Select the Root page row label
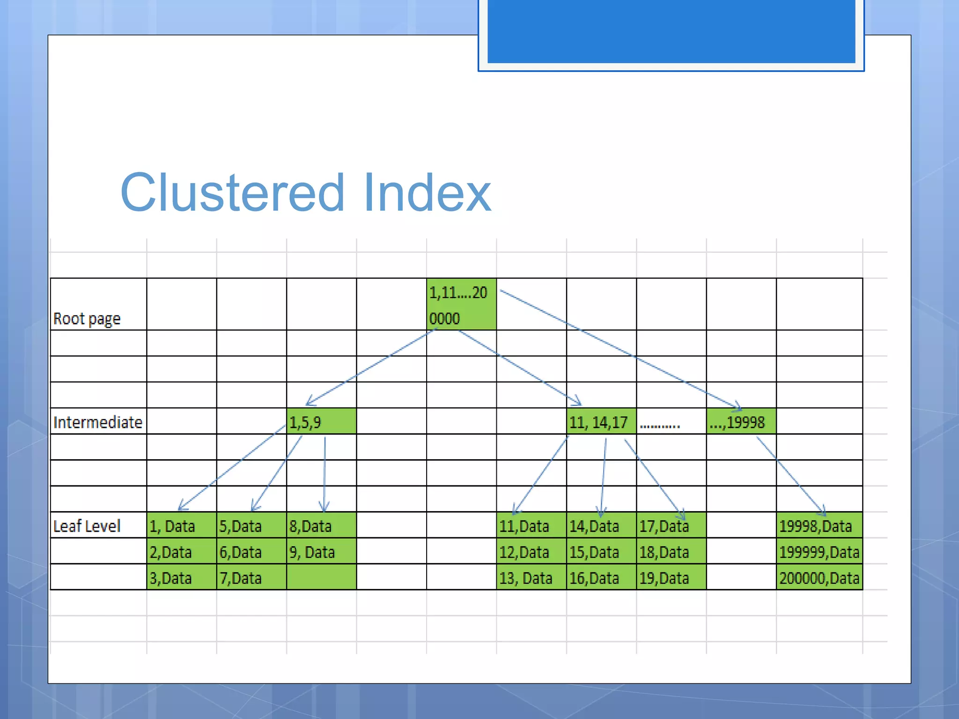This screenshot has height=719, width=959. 87,319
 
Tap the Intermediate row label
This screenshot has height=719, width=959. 98,422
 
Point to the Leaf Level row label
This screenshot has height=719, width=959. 87,526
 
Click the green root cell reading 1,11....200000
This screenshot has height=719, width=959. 461,305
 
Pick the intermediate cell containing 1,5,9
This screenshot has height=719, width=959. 321,422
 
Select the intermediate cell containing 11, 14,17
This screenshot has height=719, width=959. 601,422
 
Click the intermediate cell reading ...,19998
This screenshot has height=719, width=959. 741,422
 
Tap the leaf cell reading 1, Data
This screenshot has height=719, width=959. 181,526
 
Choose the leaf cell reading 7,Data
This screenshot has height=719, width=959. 251,578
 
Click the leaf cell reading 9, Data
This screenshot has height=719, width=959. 321,552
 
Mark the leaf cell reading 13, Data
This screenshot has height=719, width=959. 531,578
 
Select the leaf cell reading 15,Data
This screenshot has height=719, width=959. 601,552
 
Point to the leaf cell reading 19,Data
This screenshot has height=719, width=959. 671,578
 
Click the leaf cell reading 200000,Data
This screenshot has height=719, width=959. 819,578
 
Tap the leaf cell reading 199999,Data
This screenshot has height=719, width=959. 819,552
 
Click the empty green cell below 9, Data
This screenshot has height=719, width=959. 321,577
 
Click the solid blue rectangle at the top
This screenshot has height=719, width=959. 671,31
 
